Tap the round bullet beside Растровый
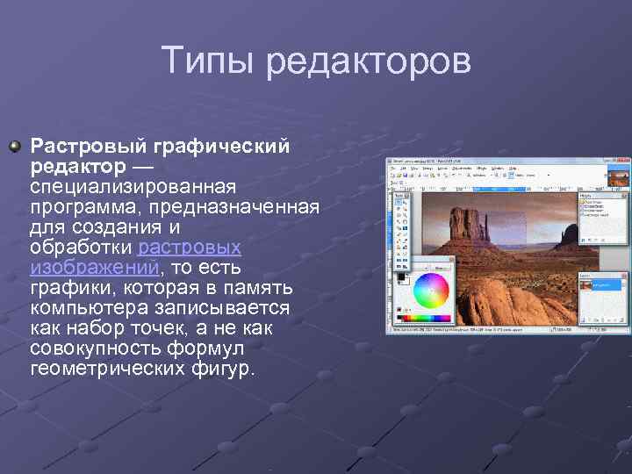[x=14, y=143]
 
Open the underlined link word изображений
[x=94, y=267]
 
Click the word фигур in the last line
[x=226, y=370]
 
